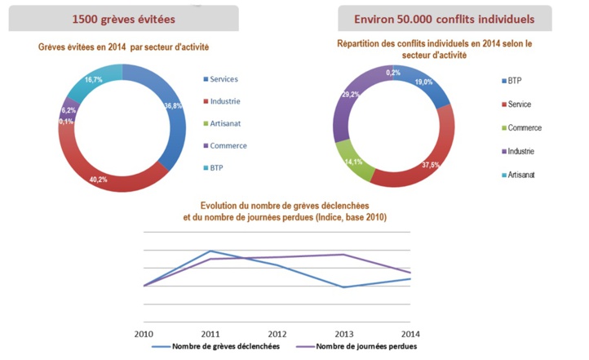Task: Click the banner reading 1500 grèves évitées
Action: [x=123, y=18]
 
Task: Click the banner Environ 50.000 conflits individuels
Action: [x=457, y=18]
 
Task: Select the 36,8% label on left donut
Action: [x=173, y=106]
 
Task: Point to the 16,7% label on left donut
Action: [x=92, y=80]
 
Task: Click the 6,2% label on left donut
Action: [x=68, y=109]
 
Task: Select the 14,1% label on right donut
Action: [x=355, y=162]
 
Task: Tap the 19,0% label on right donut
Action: [x=423, y=82]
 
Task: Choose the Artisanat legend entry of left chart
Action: [x=223, y=123]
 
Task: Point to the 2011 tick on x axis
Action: [x=211, y=334]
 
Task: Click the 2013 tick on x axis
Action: [x=344, y=334]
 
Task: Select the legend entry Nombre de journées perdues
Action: [x=362, y=347]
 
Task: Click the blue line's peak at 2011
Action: [x=211, y=251]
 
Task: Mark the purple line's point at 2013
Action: [x=344, y=255]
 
